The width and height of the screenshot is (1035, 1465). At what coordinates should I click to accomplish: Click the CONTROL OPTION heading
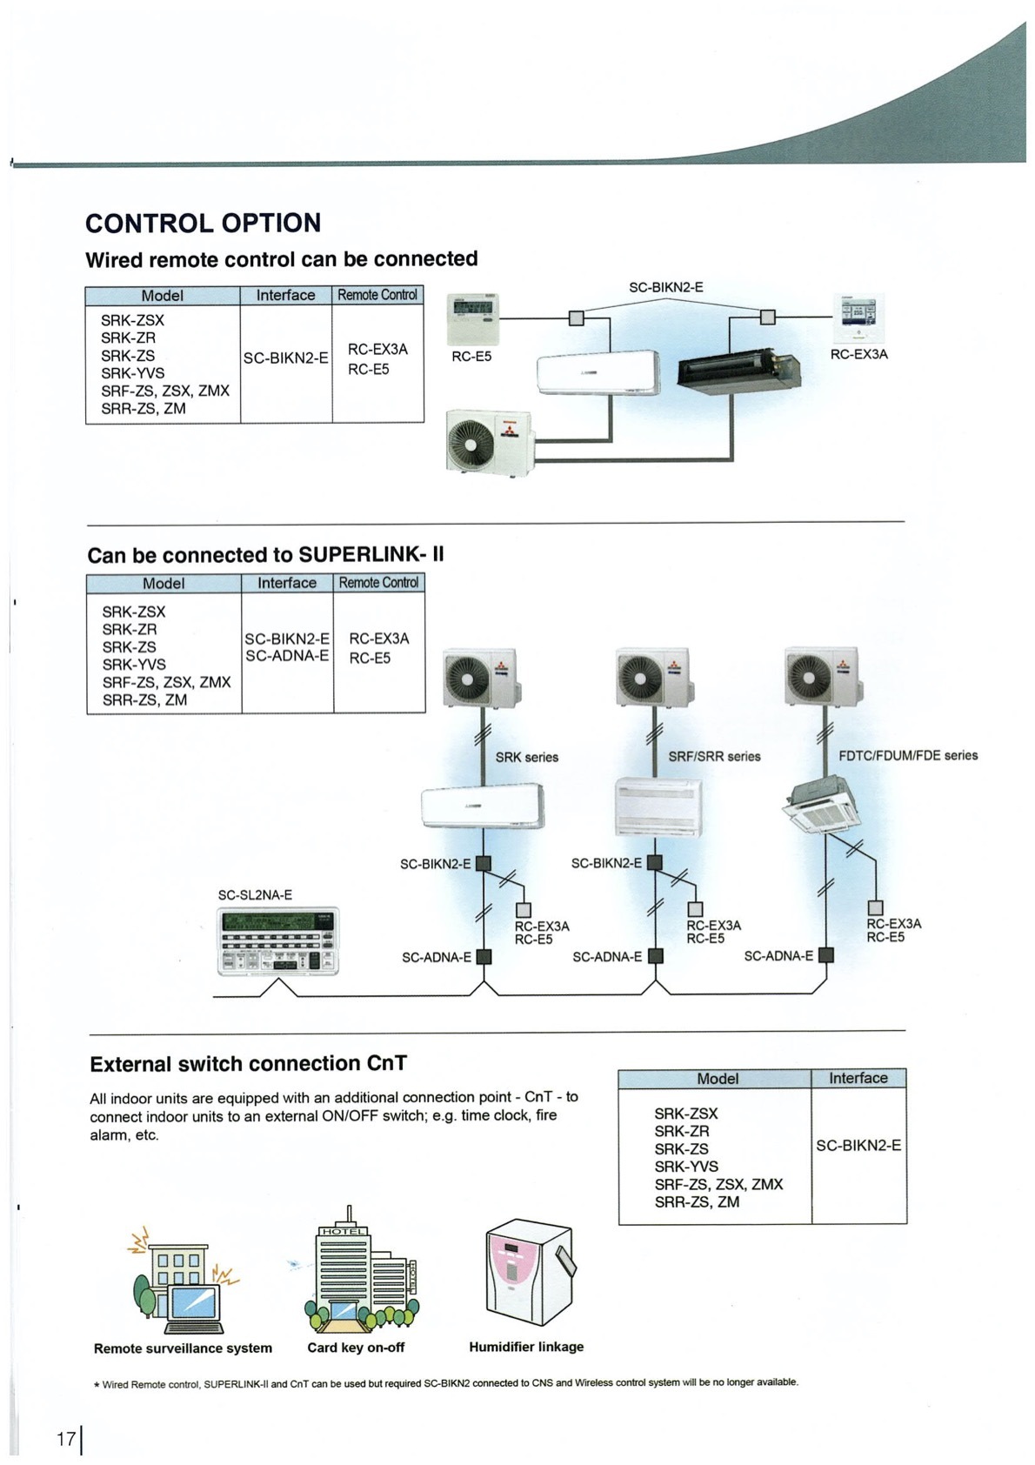(203, 224)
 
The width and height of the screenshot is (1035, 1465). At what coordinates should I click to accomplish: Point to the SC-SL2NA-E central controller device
(277, 940)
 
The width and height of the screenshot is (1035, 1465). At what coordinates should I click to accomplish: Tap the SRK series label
(527, 758)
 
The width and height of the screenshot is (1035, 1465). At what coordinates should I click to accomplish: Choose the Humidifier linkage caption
(526, 1347)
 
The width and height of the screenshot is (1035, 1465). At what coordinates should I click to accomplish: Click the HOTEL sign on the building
(345, 1231)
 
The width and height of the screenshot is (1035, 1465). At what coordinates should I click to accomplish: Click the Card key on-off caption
(356, 1348)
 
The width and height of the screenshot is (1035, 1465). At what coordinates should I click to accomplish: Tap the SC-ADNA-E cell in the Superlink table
(287, 656)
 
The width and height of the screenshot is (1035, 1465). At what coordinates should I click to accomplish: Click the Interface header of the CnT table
(858, 1079)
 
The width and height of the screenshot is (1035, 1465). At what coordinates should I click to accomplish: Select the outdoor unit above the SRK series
(479, 677)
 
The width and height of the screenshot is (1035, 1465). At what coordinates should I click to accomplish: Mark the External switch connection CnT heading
(248, 1064)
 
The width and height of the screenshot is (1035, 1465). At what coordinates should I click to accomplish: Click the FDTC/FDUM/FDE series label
(907, 756)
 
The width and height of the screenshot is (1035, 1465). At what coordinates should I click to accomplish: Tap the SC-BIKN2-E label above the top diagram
(665, 288)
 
